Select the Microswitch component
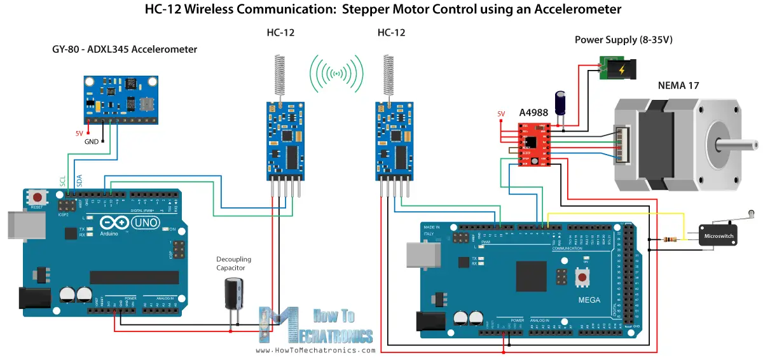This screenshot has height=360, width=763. click(x=717, y=235)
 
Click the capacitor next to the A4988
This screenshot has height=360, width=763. click(x=561, y=102)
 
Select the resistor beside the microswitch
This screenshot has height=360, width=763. click(x=668, y=239)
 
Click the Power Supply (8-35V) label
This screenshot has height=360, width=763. click(x=623, y=39)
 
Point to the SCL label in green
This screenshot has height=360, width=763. click(x=63, y=181)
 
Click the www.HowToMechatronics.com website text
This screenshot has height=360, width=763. click(x=315, y=350)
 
